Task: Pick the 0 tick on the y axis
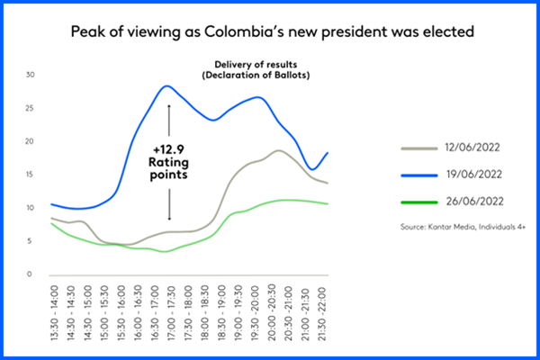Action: [31, 274]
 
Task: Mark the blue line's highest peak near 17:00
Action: [166, 86]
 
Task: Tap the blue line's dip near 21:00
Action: [311, 169]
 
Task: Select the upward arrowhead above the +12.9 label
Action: [168, 106]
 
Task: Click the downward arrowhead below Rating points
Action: [168, 218]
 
